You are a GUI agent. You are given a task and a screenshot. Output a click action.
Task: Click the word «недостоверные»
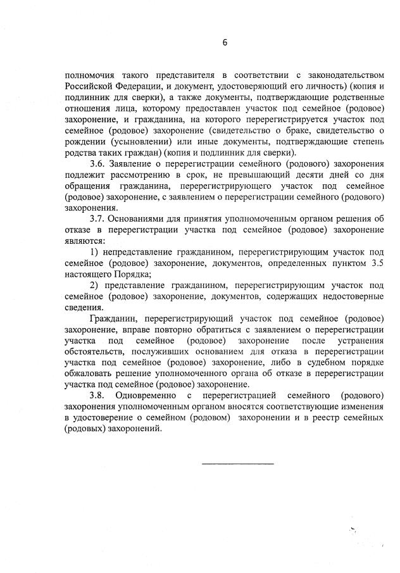[x=352, y=297]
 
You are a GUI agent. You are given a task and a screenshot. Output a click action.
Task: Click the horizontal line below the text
[x=237, y=464]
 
